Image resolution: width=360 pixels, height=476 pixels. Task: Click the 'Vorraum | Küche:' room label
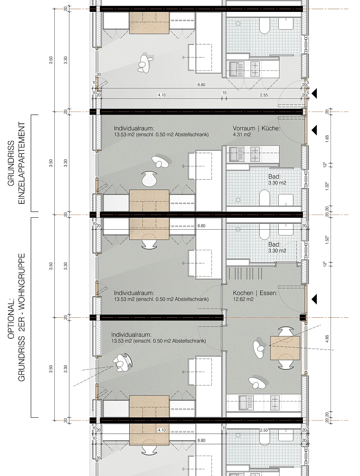pyautogui.click(x=257, y=129)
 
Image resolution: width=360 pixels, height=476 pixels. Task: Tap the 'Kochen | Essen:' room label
pyautogui.click(x=255, y=293)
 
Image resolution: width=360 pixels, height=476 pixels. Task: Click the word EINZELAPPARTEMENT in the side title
pyautogui.click(x=21, y=163)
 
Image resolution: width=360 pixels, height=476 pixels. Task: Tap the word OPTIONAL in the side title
pyautogui.click(x=11, y=319)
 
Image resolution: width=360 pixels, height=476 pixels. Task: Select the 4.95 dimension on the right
pyautogui.click(x=327, y=339)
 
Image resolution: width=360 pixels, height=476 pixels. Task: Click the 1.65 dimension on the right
pyautogui.click(x=327, y=139)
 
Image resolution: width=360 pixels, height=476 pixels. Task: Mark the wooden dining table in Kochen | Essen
pyautogui.click(x=285, y=348)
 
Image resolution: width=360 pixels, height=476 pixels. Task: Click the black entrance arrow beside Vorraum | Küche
pyautogui.click(x=314, y=130)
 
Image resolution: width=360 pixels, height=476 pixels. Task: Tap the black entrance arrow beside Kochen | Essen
pyautogui.click(x=314, y=299)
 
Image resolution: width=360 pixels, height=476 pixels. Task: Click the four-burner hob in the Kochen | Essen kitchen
pyautogui.click(x=275, y=403)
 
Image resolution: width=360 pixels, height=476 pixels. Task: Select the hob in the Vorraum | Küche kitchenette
pyautogui.click(x=255, y=154)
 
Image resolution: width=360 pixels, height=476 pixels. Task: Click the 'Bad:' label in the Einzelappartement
pyautogui.click(x=274, y=177)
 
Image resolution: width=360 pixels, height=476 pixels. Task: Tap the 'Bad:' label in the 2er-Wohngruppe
pyautogui.click(x=274, y=244)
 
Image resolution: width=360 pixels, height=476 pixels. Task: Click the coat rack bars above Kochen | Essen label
pyautogui.click(x=245, y=273)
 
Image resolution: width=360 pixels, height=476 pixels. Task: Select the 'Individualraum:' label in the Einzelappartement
pyautogui.click(x=134, y=129)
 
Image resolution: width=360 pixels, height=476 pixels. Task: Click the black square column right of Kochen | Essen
pyautogui.click(x=303, y=318)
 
